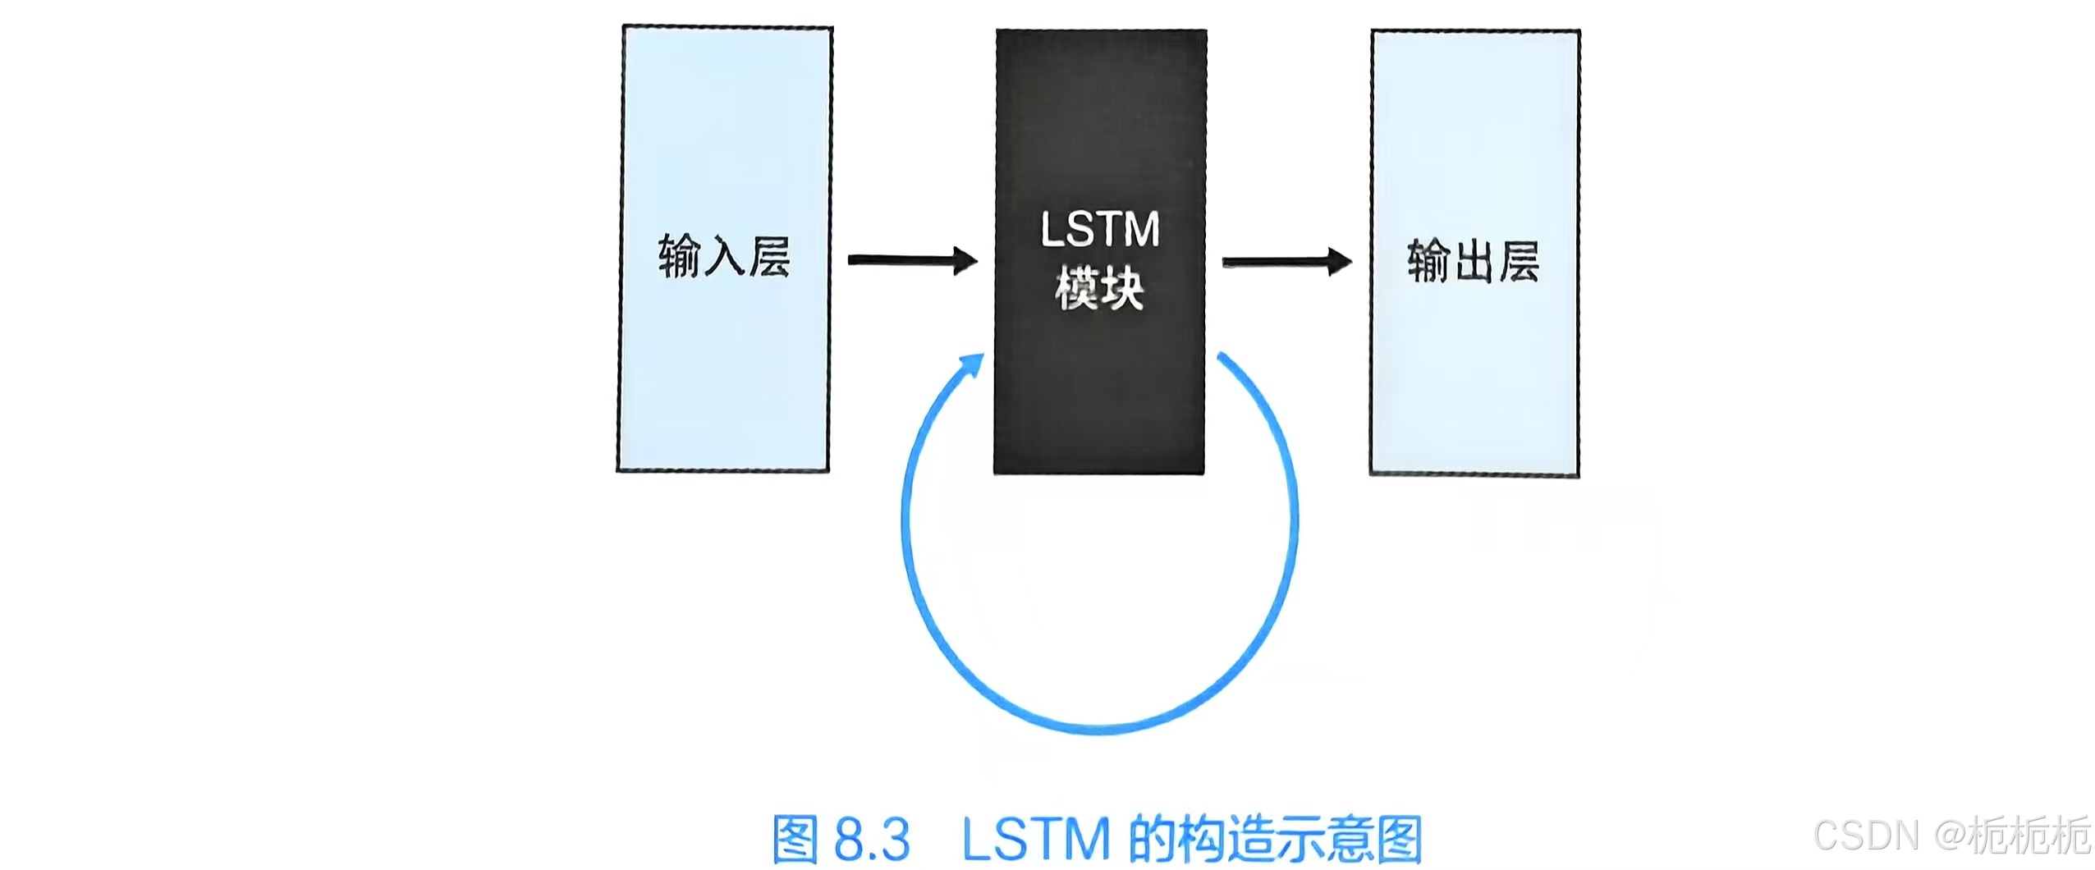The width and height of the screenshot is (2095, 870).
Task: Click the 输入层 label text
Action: (723, 256)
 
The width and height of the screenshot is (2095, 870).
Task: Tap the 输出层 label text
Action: (1473, 261)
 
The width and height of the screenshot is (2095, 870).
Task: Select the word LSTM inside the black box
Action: (1100, 230)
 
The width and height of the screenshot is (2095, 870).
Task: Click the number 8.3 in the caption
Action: (873, 839)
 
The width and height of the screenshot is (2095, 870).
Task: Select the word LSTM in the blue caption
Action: (1035, 839)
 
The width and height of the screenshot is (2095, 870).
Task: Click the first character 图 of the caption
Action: (795, 839)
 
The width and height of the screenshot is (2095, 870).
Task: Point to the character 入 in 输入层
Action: (723, 257)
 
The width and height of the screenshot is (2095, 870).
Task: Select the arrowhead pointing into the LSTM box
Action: (965, 261)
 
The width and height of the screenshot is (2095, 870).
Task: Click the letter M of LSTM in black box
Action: (1140, 230)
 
